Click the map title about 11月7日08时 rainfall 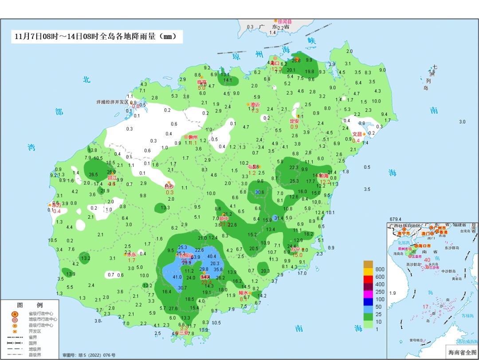pos(96,37)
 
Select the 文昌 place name pos(357,134)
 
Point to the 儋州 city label pos(193,137)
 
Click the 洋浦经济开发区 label pos(112,102)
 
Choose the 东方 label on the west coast pos(56,205)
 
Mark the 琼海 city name pos(323,176)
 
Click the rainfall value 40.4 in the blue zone pos(212,256)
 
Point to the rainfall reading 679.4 pos(395,219)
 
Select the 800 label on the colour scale pos(380,269)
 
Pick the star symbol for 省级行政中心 pos(15,313)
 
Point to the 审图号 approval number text pos(89,355)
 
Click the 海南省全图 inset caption pos(461,352)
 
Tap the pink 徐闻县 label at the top pos(284,21)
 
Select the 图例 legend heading pos(30,305)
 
